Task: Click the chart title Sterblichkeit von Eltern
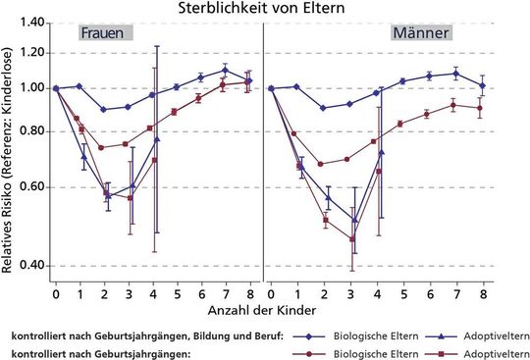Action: click(265, 8)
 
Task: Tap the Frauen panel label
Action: click(103, 33)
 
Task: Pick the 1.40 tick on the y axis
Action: click(33, 23)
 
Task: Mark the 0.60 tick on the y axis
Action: click(33, 186)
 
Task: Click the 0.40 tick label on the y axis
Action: click(33, 265)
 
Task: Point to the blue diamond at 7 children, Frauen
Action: click(225, 70)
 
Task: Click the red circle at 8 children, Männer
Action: click(480, 108)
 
